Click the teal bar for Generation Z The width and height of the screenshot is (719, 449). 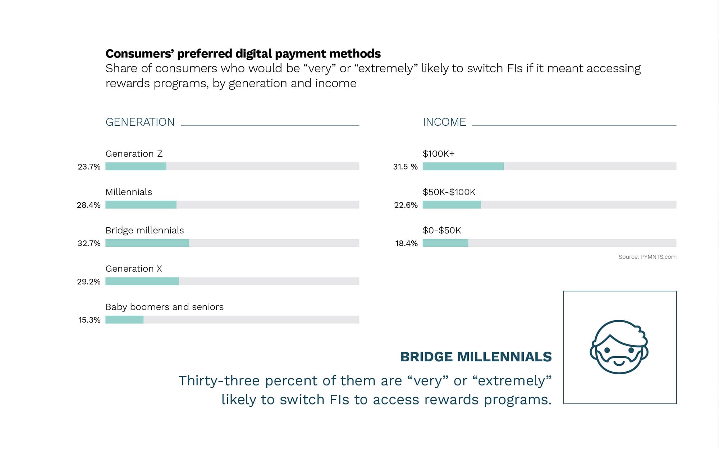(136, 166)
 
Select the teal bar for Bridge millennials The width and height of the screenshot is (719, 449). (147, 243)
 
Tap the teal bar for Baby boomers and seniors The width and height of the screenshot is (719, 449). (124, 320)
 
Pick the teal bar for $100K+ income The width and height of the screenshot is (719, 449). (463, 166)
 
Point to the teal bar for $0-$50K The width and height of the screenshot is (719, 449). (445, 243)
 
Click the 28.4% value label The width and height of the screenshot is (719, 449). (88, 205)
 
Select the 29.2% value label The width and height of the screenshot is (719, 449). (88, 282)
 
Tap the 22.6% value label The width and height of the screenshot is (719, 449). (406, 205)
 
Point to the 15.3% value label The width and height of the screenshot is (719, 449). (89, 320)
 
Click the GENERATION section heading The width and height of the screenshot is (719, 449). (140, 122)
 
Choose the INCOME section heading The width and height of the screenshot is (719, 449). (444, 122)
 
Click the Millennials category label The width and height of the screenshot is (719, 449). (129, 192)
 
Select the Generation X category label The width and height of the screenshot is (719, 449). (134, 269)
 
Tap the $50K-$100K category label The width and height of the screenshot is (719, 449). (449, 192)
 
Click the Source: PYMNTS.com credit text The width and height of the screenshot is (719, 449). (647, 257)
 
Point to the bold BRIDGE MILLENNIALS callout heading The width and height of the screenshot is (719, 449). (476, 357)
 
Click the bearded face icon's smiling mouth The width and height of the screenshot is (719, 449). (619, 362)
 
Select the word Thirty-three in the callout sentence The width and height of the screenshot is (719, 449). (219, 381)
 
